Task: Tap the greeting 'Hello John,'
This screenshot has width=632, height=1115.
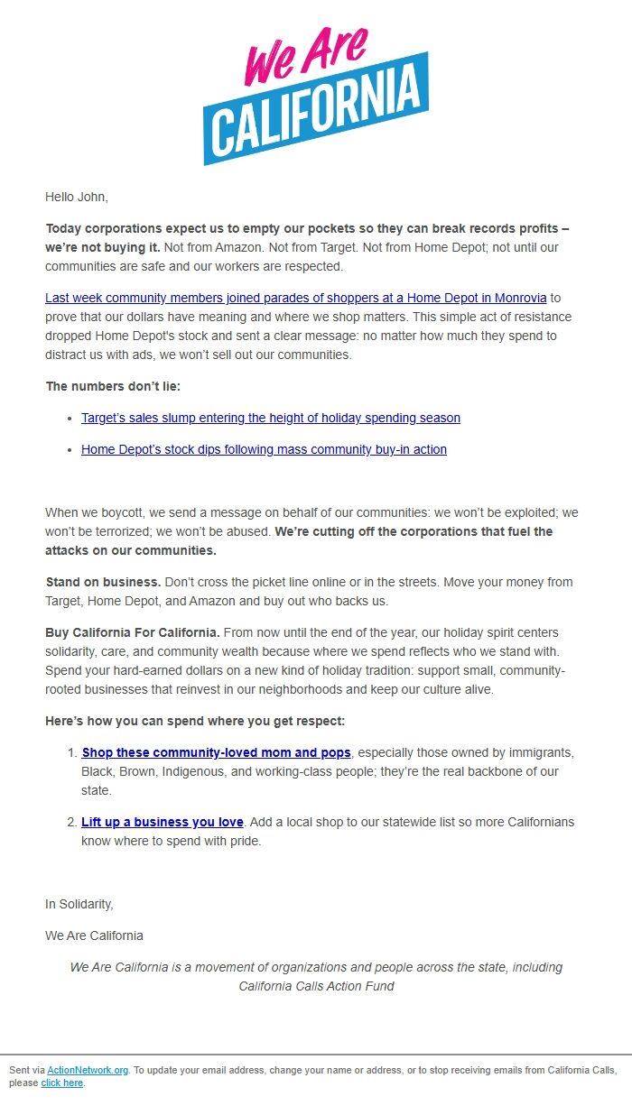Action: tap(77, 197)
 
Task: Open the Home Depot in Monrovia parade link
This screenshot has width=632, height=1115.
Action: tap(295, 298)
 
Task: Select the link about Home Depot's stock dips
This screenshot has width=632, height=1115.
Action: tap(264, 449)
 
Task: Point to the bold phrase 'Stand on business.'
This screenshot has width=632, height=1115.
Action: tap(103, 582)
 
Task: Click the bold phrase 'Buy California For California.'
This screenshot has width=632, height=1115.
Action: tap(133, 632)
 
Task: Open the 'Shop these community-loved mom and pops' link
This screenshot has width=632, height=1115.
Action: tap(216, 752)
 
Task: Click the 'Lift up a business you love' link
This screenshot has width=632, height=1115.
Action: tap(163, 822)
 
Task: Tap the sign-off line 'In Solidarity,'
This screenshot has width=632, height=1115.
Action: tap(79, 904)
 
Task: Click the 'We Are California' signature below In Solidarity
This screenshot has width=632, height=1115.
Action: tap(94, 935)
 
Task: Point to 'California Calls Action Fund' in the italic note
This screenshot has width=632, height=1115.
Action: tap(316, 986)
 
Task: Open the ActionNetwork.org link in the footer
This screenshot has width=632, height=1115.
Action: tap(88, 1070)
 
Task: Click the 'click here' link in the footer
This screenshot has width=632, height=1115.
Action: tap(61, 1083)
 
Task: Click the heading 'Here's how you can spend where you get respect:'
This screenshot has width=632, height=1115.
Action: tap(195, 721)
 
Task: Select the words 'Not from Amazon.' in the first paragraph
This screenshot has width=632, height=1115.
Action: tap(214, 247)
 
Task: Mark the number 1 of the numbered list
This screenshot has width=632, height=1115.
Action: tap(72, 752)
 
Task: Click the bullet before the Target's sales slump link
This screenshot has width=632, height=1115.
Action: tap(70, 419)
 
